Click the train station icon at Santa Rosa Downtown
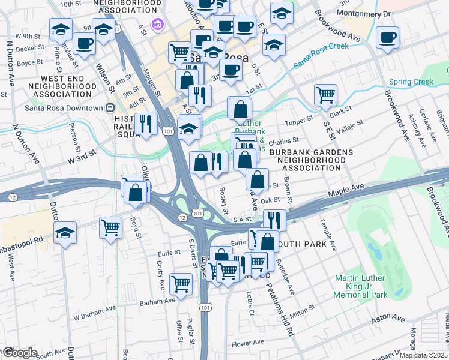pyautogui.click(x=110, y=108)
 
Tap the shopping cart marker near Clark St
pyautogui.click(x=325, y=94)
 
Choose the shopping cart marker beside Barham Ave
pyautogui.click(x=181, y=283)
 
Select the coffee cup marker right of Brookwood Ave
pyautogui.click(x=387, y=37)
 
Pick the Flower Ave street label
pyautogui.click(x=248, y=343)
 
